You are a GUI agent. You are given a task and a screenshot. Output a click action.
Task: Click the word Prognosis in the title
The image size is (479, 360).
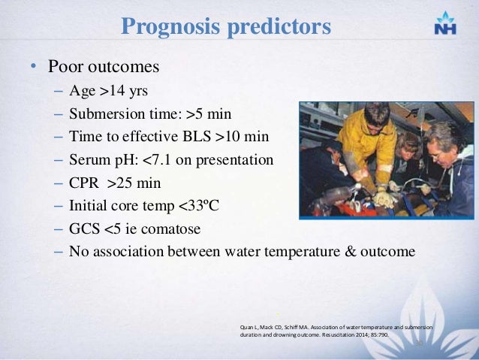[x=166, y=27]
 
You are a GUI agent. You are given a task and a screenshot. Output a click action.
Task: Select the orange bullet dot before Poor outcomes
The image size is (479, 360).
[x=33, y=67]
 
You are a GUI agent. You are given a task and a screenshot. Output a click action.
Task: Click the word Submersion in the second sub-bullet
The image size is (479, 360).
[x=104, y=115]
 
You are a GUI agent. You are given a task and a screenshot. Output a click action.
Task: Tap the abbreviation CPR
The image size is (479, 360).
[x=85, y=183]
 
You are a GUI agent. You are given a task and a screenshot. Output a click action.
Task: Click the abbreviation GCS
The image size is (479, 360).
[x=84, y=229]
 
